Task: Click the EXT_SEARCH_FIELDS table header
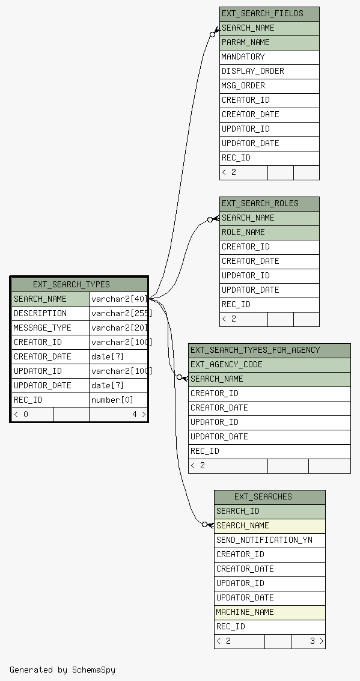point(269,14)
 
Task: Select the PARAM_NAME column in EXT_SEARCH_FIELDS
point(269,43)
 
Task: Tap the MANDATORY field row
point(269,57)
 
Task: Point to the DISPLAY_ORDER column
point(269,72)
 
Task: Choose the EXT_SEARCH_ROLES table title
point(269,204)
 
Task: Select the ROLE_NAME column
point(269,233)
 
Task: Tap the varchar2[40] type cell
point(118,299)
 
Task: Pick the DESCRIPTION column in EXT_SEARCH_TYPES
point(50,313)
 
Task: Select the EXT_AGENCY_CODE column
point(269,364)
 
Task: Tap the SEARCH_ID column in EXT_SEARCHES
point(270,511)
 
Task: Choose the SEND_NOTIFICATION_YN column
point(270,540)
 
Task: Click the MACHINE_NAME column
point(270,612)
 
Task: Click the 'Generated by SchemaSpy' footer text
point(63,669)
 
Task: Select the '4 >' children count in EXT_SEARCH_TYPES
point(139,414)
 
